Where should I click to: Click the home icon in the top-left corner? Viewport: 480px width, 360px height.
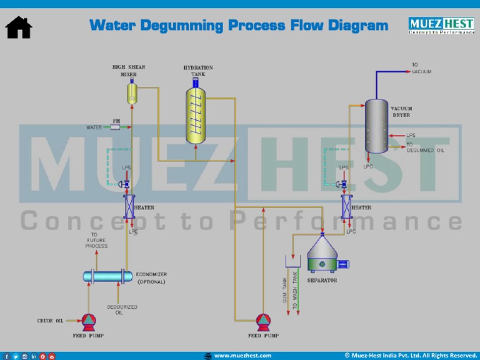click(x=19, y=27)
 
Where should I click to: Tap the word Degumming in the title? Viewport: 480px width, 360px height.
click(x=182, y=26)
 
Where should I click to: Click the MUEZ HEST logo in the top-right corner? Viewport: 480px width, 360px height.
click(x=441, y=25)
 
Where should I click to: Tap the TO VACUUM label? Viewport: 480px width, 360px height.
click(x=421, y=68)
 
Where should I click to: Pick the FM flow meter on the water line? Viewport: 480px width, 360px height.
click(x=116, y=127)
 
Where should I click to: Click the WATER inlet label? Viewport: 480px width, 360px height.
click(x=94, y=127)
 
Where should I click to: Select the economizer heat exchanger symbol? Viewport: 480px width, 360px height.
click(x=108, y=276)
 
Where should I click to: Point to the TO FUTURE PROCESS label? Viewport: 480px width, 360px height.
click(x=96, y=241)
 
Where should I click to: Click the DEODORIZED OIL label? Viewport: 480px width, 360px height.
click(x=122, y=310)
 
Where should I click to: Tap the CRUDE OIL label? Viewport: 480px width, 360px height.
click(x=50, y=321)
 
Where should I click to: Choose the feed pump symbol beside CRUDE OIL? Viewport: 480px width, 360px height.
click(x=89, y=322)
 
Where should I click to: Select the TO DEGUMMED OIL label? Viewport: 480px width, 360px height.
click(x=425, y=147)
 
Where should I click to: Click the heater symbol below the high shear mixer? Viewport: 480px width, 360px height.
click(x=129, y=206)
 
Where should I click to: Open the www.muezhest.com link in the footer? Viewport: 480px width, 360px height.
click(x=242, y=356)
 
